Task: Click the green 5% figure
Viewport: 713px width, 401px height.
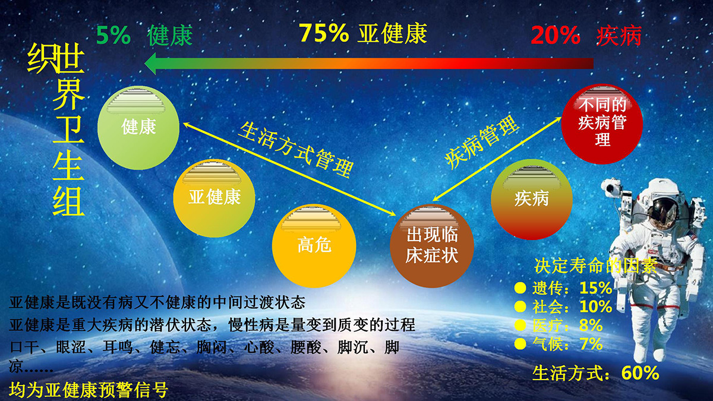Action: (113, 35)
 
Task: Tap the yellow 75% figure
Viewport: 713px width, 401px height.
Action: (324, 33)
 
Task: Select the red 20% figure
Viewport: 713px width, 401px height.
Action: (556, 35)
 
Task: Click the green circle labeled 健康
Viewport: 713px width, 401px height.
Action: (138, 128)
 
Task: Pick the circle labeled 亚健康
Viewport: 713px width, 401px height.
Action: (214, 198)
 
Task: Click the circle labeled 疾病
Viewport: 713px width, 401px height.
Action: (532, 200)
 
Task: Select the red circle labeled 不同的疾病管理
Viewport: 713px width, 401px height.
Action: (602, 124)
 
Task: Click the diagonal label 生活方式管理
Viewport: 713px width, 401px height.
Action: (296, 150)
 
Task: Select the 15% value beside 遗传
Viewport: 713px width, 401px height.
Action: (595, 288)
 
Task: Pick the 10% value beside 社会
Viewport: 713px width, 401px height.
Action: (595, 307)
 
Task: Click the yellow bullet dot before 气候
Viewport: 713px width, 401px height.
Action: (520, 344)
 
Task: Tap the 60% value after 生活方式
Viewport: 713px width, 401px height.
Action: (640, 373)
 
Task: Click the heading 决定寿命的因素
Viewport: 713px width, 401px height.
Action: (595, 266)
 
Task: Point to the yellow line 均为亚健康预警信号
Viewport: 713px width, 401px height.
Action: (89, 390)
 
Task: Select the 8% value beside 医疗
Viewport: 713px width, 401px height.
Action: (591, 326)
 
